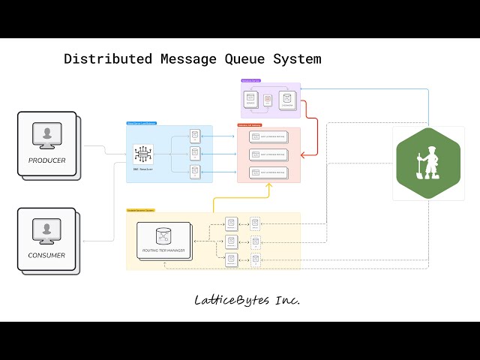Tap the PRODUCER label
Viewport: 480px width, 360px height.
(x=47, y=160)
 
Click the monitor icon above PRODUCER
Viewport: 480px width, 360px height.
(x=47, y=136)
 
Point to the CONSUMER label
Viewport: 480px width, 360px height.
(x=47, y=255)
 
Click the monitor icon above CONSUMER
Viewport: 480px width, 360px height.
(x=47, y=231)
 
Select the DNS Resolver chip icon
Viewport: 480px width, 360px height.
(x=142, y=154)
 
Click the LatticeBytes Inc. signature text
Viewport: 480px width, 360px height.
(x=247, y=300)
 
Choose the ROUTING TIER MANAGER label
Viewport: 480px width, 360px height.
(x=164, y=250)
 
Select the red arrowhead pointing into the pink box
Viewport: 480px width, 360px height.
(x=303, y=155)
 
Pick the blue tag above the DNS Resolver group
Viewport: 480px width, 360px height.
(x=141, y=122)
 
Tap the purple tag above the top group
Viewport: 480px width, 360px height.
(x=251, y=80)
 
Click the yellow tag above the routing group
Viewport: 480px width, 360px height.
(x=140, y=210)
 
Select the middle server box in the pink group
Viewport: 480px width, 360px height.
(x=268, y=154)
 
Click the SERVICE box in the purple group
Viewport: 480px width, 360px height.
(x=250, y=100)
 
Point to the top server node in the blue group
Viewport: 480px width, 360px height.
(x=195, y=136)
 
